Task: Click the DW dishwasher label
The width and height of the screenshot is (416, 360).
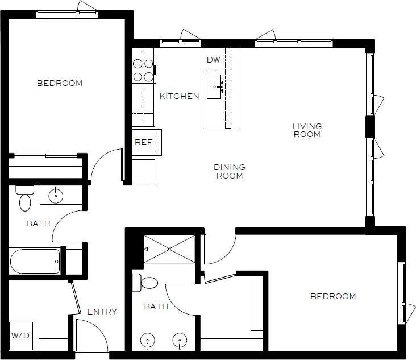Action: (x=213, y=60)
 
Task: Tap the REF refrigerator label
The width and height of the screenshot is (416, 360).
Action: (x=143, y=142)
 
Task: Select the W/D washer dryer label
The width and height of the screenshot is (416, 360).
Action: (x=20, y=336)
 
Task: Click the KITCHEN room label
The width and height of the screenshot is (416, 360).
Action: (x=179, y=96)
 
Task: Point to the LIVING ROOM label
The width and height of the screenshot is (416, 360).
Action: (x=307, y=130)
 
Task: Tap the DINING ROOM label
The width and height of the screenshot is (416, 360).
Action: (x=230, y=171)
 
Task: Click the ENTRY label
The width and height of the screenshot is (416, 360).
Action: (x=102, y=312)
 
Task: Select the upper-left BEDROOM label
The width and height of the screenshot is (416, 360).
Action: (x=59, y=83)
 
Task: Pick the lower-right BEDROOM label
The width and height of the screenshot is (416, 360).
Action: (x=333, y=296)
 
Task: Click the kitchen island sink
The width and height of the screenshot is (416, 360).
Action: (x=214, y=86)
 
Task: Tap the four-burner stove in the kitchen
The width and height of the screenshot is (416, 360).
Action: (x=144, y=69)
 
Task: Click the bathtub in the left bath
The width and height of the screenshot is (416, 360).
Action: (x=35, y=262)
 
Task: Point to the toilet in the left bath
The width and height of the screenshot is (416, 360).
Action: (x=25, y=198)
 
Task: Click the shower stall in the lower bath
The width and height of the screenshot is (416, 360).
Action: (x=169, y=249)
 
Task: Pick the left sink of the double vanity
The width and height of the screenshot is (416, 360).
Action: (x=147, y=341)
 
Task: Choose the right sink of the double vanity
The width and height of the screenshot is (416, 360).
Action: (x=180, y=341)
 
